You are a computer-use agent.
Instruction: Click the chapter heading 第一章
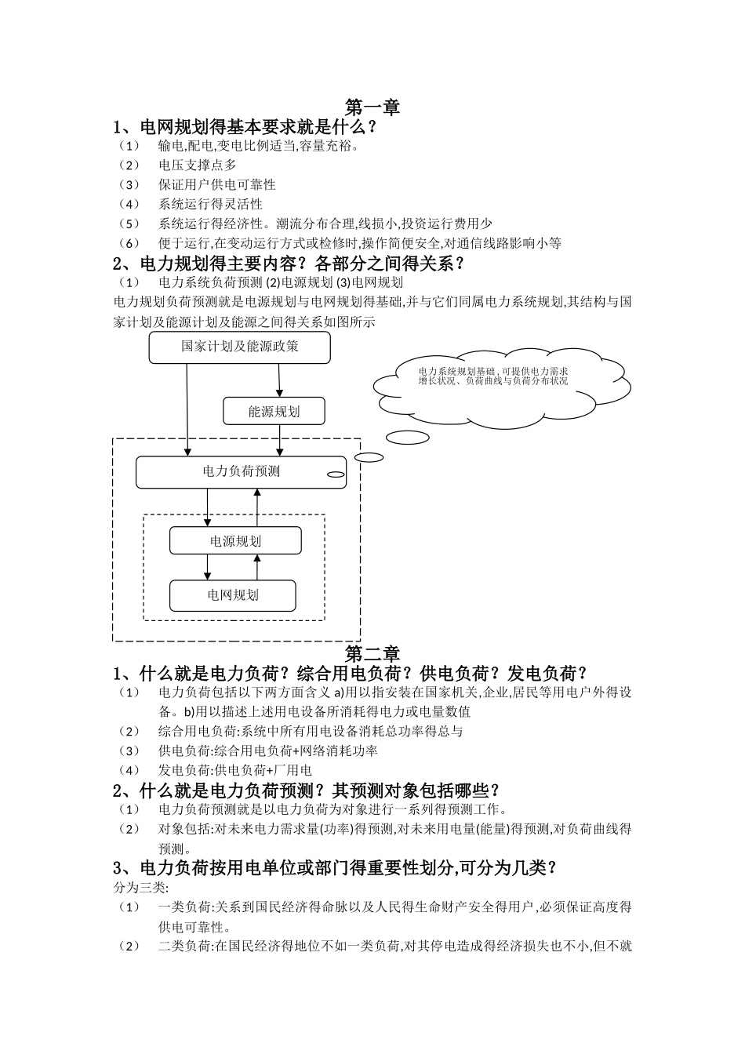372,107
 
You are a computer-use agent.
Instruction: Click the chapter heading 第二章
372,653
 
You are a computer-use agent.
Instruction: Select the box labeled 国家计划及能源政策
240,347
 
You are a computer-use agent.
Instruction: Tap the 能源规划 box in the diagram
274,411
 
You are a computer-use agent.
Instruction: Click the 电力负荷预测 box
241,472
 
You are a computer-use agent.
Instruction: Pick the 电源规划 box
235,540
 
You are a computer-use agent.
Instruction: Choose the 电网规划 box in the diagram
233,595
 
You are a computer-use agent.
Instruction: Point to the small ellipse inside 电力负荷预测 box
335,474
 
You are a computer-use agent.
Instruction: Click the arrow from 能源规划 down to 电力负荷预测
280,440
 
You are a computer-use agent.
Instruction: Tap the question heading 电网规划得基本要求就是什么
245,126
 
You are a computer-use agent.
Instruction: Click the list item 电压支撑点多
197,165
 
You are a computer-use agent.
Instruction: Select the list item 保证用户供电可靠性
216,184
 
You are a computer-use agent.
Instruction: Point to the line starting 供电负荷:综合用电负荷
267,751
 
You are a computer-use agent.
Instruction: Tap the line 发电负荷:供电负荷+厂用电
235,770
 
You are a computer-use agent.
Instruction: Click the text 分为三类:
136,888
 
